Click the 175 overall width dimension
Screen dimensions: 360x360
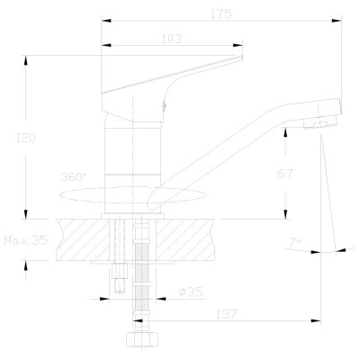[x=221, y=13]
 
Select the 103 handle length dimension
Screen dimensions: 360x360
[x=172, y=39]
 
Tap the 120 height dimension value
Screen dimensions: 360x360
[x=25, y=138]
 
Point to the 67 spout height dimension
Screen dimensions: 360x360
[x=284, y=174]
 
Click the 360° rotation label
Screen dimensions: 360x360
[x=74, y=176]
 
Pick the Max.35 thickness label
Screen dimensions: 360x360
[x=26, y=240]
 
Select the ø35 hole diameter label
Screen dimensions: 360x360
[x=191, y=292]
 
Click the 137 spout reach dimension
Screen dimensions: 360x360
[x=226, y=314]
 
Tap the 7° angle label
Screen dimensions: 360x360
[x=295, y=242]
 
